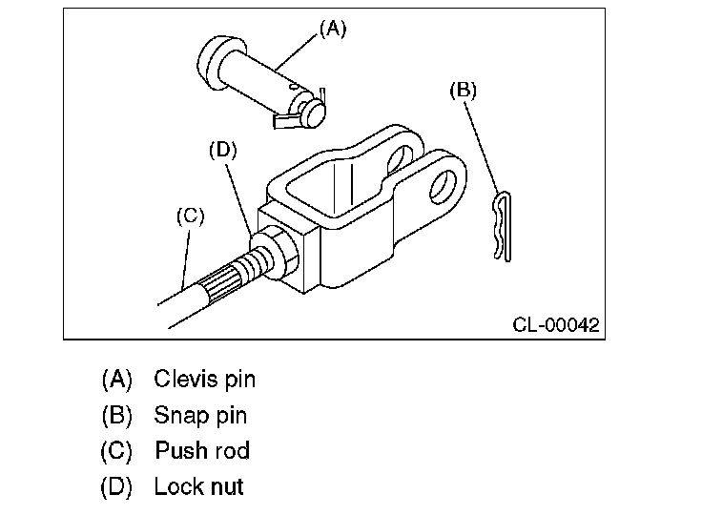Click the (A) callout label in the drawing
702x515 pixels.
333,30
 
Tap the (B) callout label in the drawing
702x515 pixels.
463,90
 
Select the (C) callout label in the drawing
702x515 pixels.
190,216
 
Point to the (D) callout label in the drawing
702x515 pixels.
223,150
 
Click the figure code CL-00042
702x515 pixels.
556,324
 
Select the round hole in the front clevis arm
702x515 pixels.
444,187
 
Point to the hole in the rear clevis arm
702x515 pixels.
400,160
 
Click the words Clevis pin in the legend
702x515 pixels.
205,379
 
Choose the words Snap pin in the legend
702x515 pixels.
200,415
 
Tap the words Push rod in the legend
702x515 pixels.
202,450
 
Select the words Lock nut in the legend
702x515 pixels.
198,486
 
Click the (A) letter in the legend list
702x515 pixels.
117,380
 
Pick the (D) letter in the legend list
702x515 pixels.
116,486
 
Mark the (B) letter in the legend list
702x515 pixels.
117,415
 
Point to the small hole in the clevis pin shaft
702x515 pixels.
294,85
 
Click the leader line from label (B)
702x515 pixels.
482,148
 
